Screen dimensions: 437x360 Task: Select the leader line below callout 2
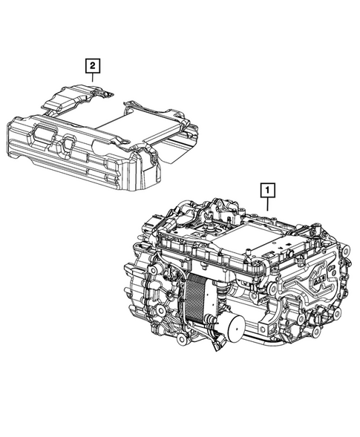pos(92,79)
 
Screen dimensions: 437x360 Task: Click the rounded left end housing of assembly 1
pos(138,289)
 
